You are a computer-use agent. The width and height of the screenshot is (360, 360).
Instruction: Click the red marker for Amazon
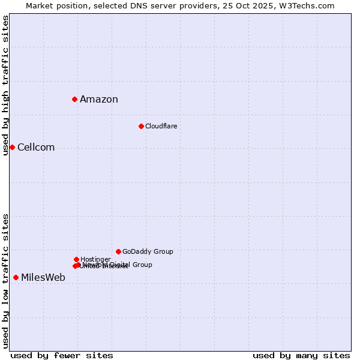click(x=74, y=99)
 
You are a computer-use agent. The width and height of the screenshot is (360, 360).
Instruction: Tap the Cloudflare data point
click(x=141, y=126)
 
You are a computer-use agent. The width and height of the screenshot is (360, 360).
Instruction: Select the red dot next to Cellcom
click(x=12, y=147)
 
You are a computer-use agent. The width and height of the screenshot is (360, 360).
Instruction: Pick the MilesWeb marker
click(x=16, y=277)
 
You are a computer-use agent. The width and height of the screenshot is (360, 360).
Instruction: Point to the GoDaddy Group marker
click(x=118, y=251)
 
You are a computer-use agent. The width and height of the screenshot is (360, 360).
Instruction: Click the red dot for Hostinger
click(x=76, y=259)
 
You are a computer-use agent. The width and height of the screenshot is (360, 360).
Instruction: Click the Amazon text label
click(x=99, y=100)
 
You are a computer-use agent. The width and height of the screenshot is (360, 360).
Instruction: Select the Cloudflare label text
click(x=161, y=126)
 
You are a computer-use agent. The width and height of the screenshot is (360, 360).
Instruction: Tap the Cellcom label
click(x=36, y=148)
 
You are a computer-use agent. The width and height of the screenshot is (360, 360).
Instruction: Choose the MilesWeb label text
click(x=43, y=277)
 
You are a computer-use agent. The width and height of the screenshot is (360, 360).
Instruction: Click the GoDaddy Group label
click(x=148, y=251)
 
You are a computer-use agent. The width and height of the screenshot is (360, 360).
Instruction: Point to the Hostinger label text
click(x=95, y=259)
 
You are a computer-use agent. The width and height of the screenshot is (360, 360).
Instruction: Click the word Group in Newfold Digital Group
click(x=142, y=265)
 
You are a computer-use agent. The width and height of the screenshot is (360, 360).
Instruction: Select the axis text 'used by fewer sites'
click(x=62, y=355)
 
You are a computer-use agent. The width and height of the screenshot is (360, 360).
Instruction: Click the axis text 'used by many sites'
click(x=301, y=355)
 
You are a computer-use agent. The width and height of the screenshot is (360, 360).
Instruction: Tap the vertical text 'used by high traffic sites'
click(x=5, y=85)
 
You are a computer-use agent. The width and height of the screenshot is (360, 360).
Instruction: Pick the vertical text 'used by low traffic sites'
click(x=5, y=281)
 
